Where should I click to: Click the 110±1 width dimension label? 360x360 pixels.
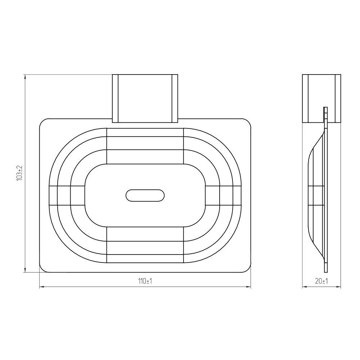[145, 281]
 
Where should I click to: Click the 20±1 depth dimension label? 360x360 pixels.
[321, 281]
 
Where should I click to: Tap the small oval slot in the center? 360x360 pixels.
[145, 195]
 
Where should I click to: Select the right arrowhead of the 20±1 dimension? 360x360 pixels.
[338, 287]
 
